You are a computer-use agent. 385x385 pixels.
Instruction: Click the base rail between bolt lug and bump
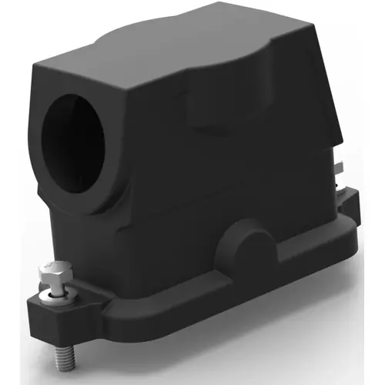154,296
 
